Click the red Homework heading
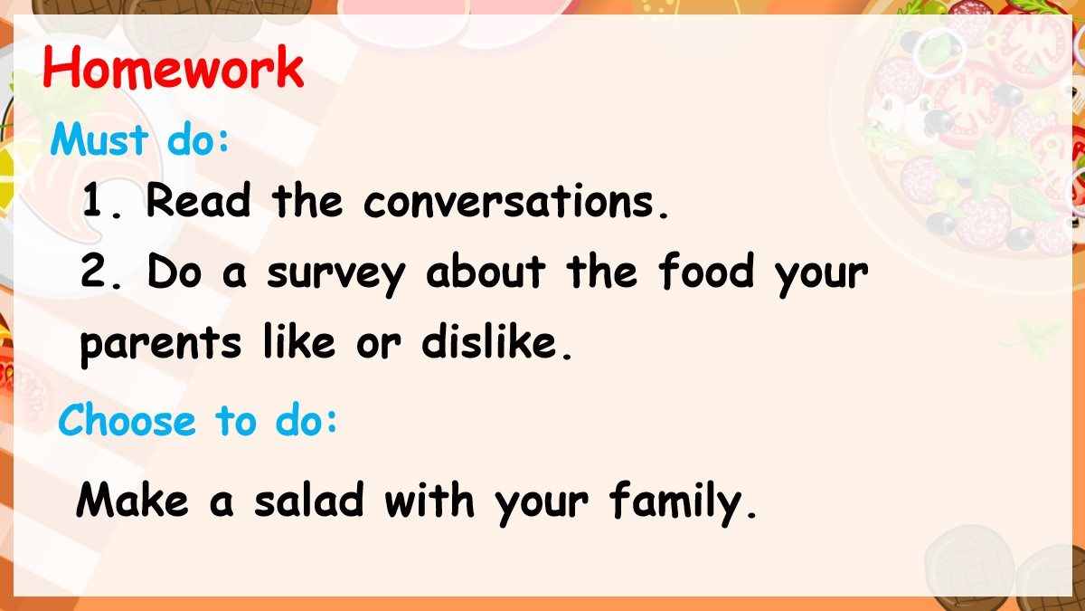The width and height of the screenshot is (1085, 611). point(174,66)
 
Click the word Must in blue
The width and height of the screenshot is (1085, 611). point(99,139)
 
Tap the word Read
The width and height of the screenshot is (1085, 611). point(199,199)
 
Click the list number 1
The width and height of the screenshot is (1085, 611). point(92,199)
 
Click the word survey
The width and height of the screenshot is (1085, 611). point(335,276)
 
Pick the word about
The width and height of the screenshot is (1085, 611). point(486,271)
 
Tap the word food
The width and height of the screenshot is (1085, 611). point(706,270)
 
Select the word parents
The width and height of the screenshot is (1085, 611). point(160,344)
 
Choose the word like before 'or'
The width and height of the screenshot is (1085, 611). point(299,340)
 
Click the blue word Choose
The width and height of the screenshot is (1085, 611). point(127,420)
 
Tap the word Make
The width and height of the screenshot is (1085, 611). point(132,500)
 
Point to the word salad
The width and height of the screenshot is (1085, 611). point(309,499)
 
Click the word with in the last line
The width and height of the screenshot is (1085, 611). point(429,499)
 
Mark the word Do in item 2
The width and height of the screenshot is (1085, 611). point(174,271)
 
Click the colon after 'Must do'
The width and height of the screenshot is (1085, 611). point(223,141)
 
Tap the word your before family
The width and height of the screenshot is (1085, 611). point(542,506)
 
